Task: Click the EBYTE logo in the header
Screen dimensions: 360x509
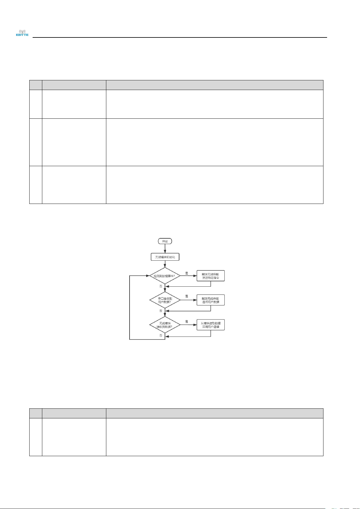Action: pos(22,33)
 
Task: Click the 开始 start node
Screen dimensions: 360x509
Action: pos(165,241)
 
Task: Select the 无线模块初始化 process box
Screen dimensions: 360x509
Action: pos(165,257)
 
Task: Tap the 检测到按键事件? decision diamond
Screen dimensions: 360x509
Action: pos(165,275)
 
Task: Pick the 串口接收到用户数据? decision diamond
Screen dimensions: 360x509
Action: pos(165,300)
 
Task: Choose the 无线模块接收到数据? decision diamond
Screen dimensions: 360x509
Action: pos(165,325)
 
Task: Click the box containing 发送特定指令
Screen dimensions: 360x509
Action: pos(211,276)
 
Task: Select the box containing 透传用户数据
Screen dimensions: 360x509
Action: pos(211,300)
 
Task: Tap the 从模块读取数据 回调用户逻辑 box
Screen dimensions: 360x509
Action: pos(211,325)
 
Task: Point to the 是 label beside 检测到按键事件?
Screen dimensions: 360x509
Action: pos(187,273)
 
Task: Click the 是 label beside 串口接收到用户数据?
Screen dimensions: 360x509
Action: pos(187,296)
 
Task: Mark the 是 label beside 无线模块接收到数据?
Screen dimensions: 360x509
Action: pos(187,321)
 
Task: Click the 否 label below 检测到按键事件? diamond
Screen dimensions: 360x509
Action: pos(161,286)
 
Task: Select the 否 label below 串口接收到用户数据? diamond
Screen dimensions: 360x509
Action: pos(161,311)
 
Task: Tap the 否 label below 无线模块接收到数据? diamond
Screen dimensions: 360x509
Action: pos(161,335)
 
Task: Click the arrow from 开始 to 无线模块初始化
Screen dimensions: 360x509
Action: pos(165,249)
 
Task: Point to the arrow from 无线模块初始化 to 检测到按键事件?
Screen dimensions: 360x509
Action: pos(165,264)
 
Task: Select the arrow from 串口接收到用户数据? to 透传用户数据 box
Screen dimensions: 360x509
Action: pos(188,300)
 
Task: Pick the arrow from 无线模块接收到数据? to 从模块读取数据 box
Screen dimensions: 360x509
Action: pos(188,325)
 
